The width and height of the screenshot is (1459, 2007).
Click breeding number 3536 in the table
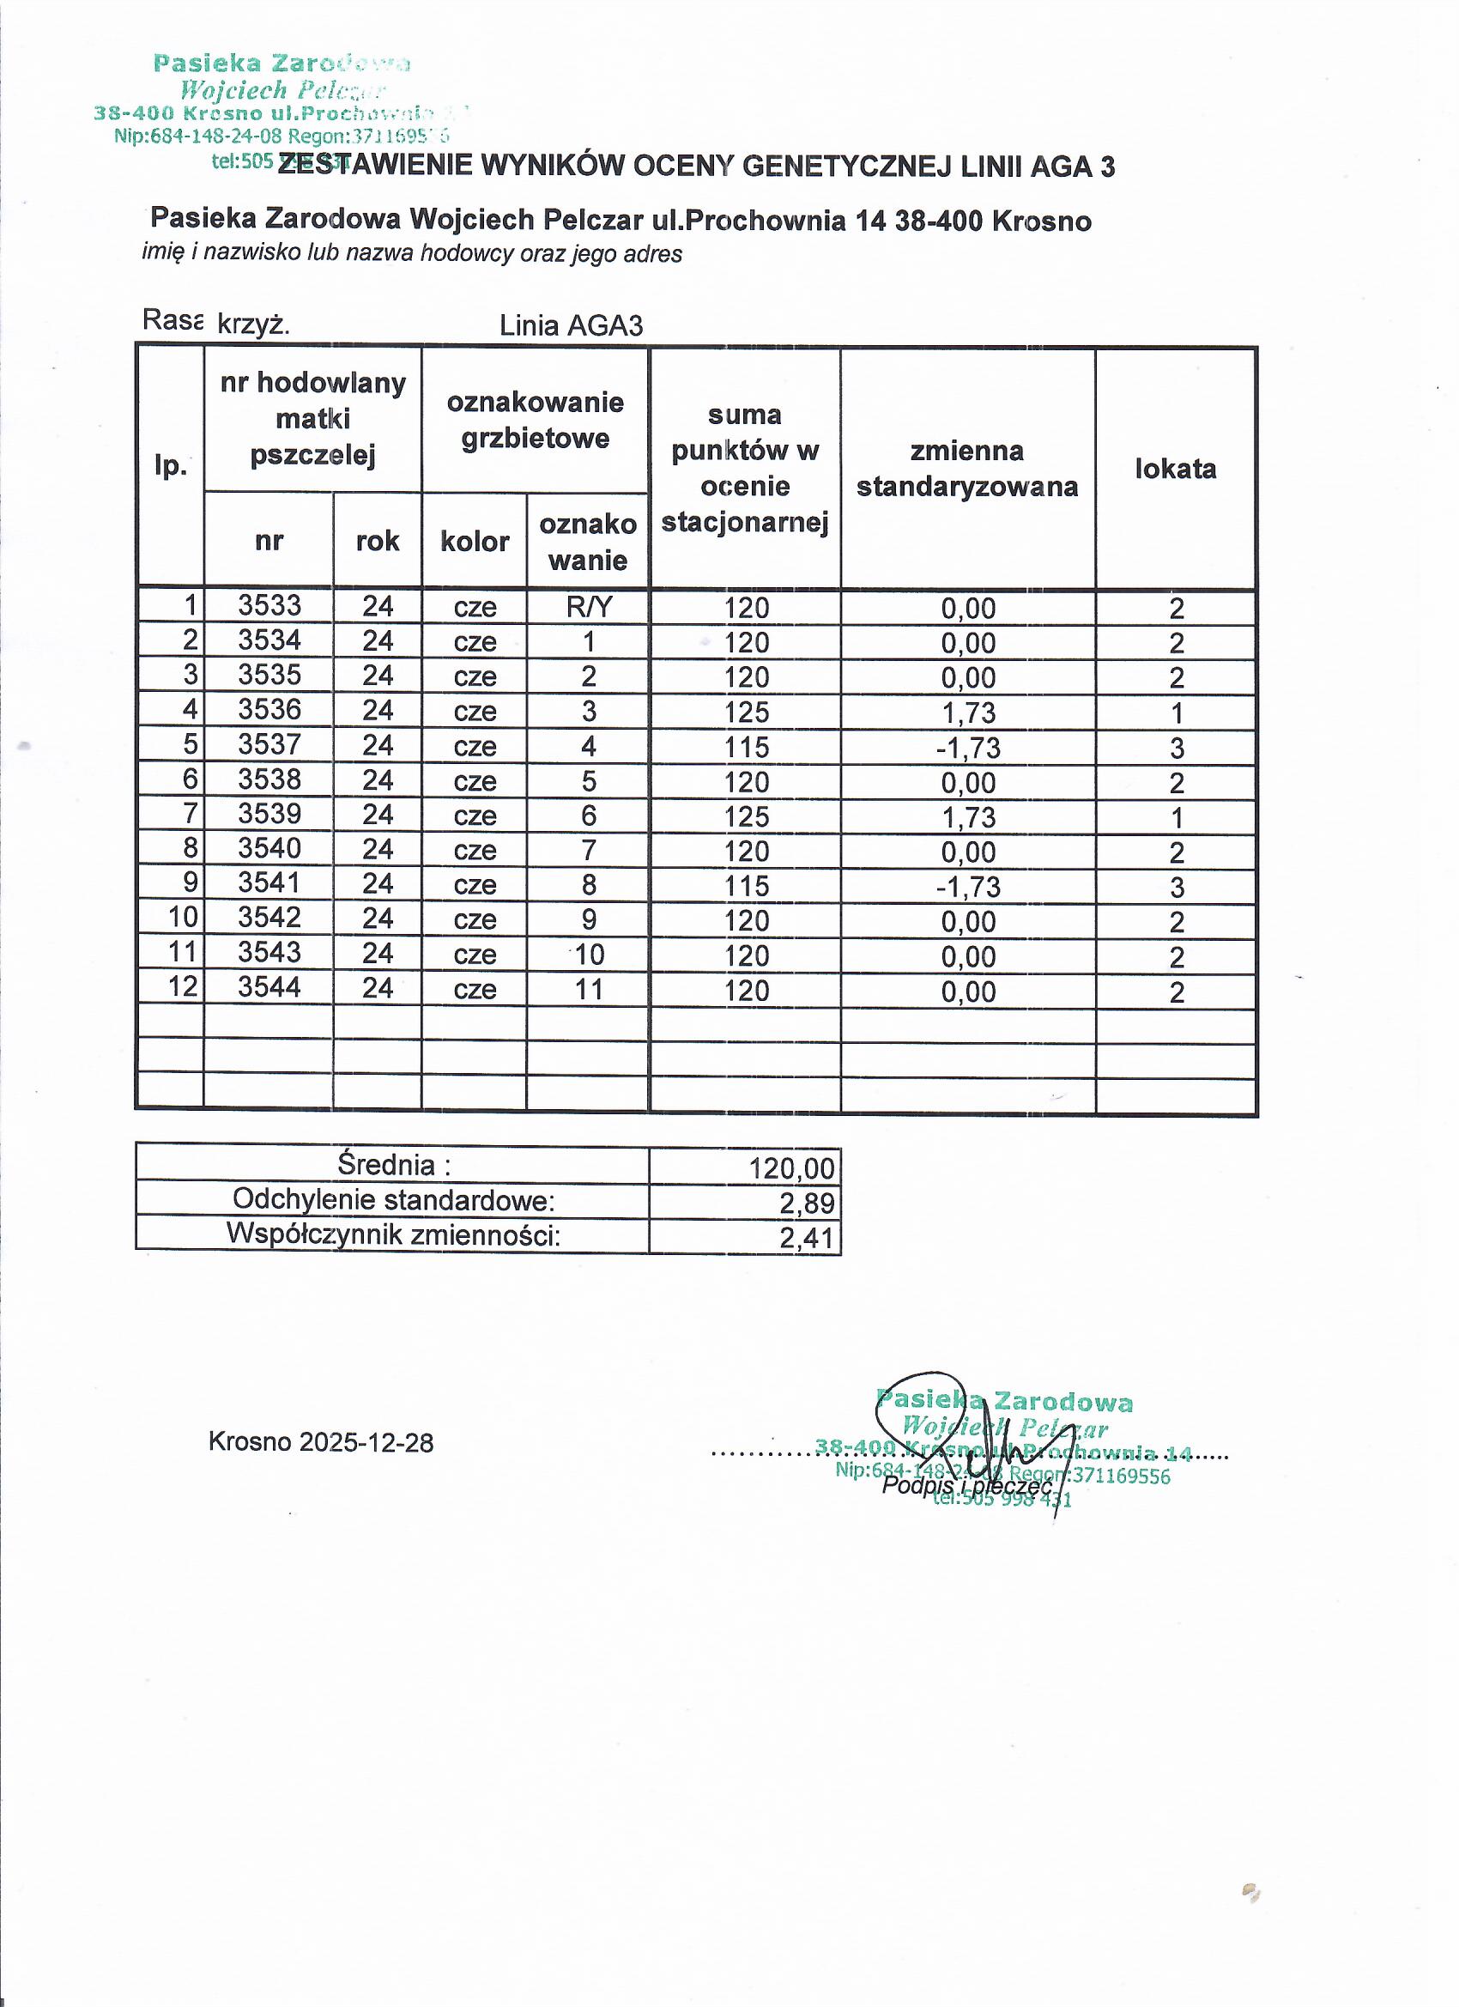pos(269,710)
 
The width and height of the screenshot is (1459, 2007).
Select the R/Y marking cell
pos(589,607)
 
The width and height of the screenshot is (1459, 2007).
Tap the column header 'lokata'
pos(1175,468)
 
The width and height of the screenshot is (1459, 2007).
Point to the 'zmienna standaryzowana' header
pos(967,468)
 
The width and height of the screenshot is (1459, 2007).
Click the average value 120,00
pos(791,1169)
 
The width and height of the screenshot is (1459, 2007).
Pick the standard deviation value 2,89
pos(806,1204)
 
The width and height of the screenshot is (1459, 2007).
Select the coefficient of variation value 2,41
pos(806,1238)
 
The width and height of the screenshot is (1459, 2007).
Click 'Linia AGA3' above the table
pos(571,325)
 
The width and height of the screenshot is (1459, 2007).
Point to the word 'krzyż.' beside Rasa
pos(253,324)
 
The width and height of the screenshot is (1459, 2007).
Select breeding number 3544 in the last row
pos(269,986)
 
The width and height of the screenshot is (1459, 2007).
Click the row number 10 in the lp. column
pos(183,918)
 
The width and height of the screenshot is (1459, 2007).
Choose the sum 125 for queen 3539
pos(746,816)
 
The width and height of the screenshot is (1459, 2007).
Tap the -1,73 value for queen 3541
pos(968,887)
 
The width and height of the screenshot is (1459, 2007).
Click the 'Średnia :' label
pos(394,1166)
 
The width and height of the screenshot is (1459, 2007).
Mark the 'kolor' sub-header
pos(475,541)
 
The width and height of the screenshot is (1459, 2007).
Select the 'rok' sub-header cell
pos(377,541)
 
